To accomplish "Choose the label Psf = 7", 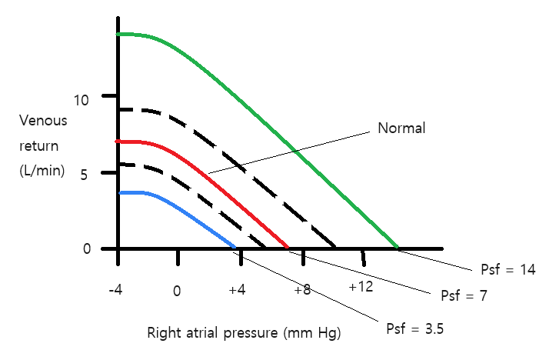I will pyautogui.click(x=464, y=295).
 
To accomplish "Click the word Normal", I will pyautogui.click(x=401, y=128).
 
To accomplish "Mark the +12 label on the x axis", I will pyautogui.click(x=360, y=287).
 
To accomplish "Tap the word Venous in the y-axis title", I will pyautogui.click(x=44, y=121).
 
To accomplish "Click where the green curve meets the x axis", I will pyautogui.click(x=397, y=248).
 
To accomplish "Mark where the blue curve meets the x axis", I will pyautogui.click(x=235, y=248).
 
